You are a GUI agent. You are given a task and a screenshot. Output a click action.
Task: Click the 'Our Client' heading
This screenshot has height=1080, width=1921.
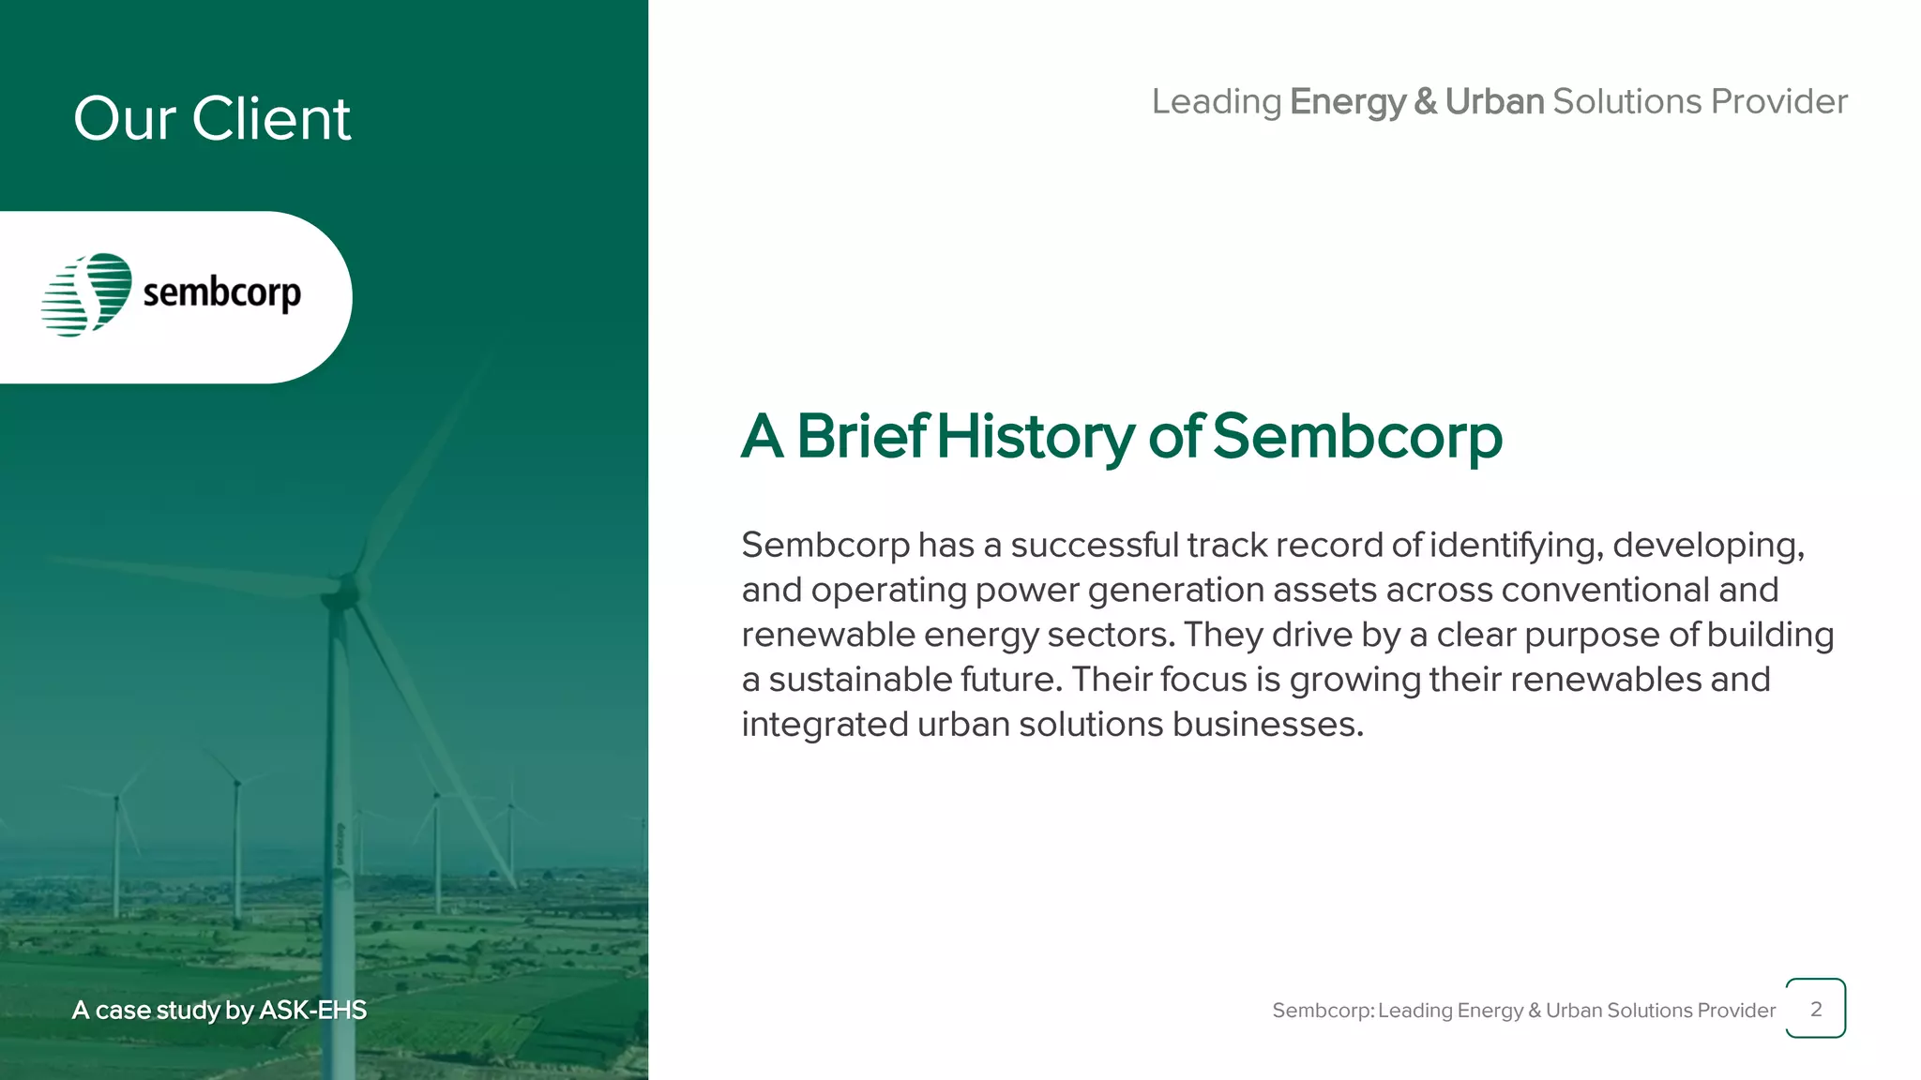[212, 119]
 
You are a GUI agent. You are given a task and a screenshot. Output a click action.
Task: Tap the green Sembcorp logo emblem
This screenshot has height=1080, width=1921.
[87, 294]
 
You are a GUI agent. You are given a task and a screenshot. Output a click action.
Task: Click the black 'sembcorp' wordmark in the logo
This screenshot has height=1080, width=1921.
[222, 292]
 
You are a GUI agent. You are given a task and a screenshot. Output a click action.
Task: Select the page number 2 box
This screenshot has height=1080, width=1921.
[1815, 1009]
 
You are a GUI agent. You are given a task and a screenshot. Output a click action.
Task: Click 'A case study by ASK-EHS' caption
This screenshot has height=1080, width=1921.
[219, 1010]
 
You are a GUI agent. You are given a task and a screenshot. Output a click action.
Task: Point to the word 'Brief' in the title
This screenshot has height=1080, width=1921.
[861, 437]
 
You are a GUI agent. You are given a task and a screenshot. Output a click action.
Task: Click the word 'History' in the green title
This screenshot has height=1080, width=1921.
[1036, 437]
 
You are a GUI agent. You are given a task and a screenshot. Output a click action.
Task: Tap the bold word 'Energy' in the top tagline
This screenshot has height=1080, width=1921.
[1347, 102]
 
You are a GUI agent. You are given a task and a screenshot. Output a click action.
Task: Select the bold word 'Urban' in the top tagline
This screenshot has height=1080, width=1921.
[1494, 102]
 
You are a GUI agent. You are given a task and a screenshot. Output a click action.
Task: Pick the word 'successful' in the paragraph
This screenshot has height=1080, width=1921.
[1094, 545]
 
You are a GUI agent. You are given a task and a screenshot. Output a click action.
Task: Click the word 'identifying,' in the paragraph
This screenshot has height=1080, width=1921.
[1516, 545]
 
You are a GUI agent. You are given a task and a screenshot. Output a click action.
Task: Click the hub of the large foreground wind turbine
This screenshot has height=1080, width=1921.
[345, 592]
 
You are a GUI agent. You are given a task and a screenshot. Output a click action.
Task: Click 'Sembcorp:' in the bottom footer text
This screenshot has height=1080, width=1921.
[1323, 1011]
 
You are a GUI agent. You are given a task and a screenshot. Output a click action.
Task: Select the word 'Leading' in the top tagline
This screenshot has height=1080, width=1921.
[1217, 102]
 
